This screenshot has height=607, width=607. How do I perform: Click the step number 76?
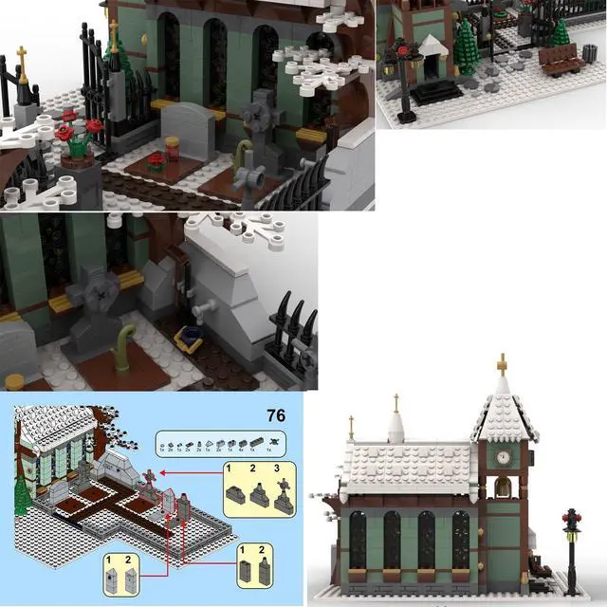276,415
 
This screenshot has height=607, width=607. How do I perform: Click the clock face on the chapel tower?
504,455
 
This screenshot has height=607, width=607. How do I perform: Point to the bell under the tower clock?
504,488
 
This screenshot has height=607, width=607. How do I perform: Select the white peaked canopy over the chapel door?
435,46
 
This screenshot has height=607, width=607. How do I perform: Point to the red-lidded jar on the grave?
173,148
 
